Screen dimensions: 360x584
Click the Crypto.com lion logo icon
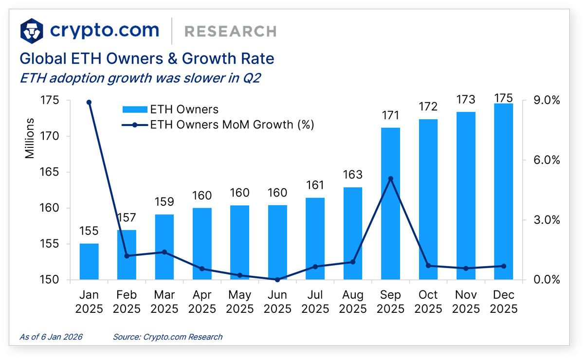(32, 31)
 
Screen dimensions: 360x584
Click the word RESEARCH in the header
(230, 32)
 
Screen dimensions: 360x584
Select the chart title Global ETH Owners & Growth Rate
(146, 59)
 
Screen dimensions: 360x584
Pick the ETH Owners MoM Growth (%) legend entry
(218, 125)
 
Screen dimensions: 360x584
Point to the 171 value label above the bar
(390, 116)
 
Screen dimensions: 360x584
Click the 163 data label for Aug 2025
(353, 175)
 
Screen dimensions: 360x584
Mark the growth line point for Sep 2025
(390, 179)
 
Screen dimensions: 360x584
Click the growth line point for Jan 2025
(89, 102)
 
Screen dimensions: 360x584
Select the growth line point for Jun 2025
(277, 280)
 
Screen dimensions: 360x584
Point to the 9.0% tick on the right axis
(547, 100)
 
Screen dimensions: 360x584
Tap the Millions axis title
(30, 138)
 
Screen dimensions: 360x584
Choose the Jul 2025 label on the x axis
(315, 302)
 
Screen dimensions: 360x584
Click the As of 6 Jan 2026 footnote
(51, 337)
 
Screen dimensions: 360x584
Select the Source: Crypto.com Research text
(167, 337)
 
